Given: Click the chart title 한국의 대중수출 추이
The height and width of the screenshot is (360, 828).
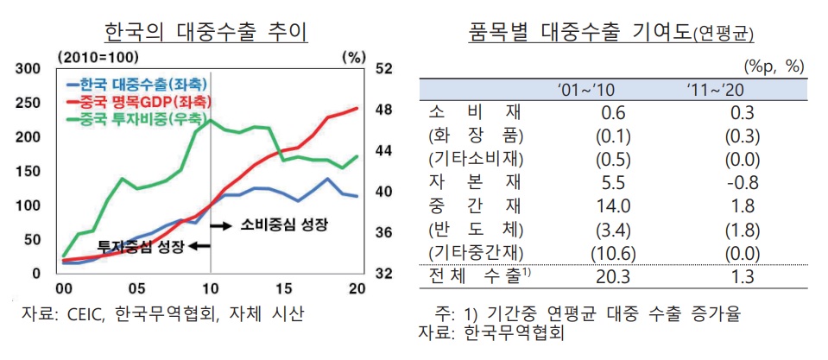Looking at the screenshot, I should (x=205, y=33).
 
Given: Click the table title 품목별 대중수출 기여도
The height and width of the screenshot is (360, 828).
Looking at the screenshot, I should (x=578, y=33).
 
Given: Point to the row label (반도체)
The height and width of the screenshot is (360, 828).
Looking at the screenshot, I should (x=475, y=229).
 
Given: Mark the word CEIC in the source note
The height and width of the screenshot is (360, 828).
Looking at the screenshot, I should (x=86, y=313).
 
